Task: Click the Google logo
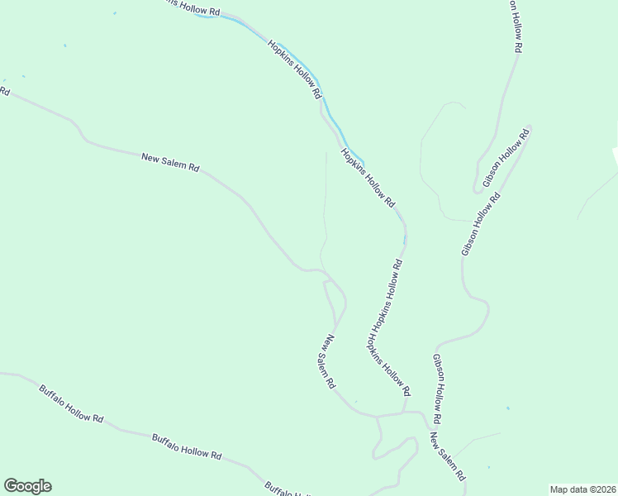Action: click(27, 486)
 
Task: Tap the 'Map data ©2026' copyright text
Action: click(582, 489)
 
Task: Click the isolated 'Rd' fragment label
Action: click(4, 90)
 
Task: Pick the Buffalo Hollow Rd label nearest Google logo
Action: click(71, 403)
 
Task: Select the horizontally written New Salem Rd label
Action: click(170, 161)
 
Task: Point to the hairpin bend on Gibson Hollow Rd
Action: click(477, 189)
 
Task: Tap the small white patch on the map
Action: click(614, 158)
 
